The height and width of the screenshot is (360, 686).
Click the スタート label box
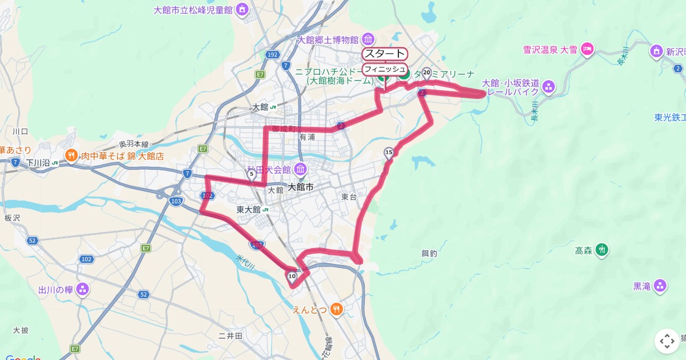pyautogui.click(x=385, y=54)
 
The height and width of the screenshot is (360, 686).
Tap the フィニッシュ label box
pyautogui.click(x=385, y=69)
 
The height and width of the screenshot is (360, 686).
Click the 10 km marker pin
pyautogui.click(x=292, y=277)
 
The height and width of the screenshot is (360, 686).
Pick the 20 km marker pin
pyautogui.click(x=426, y=73)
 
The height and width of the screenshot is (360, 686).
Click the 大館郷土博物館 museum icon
pyautogui.click(x=368, y=39)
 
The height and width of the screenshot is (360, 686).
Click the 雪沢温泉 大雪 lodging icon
pyautogui.click(x=587, y=50)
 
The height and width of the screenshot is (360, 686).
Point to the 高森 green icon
pyautogui.click(x=601, y=250)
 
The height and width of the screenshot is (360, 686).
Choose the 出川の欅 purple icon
pyautogui.click(x=83, y=290)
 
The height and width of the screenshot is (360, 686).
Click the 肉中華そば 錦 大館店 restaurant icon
pyautogui.click(x=71, y=155)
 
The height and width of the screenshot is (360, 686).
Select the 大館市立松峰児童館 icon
pyautogui.click(x=242, y=10)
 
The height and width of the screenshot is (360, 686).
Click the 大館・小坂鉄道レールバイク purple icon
pyautogui.click(x=549, y=87)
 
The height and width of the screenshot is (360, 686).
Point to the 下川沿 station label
pyautogui.click(x=40, y=163)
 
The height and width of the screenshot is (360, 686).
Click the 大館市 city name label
pyautogui.click(x=301, y=187)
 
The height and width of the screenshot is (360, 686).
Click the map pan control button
pyautogui.click(x=667, y=341)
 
